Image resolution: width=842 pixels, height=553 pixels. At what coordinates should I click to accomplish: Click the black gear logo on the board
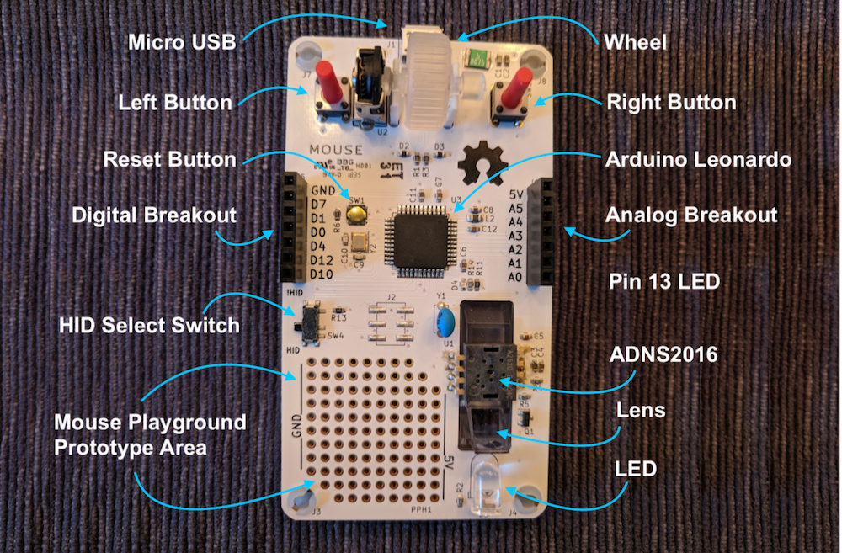tap(484, 163)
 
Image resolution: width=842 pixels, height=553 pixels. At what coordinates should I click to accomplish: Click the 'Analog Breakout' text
tap(691, 215)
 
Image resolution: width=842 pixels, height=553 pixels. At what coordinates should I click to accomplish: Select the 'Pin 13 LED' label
tap(664, 281)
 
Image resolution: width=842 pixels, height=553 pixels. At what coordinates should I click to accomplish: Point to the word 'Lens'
tap(642, 411)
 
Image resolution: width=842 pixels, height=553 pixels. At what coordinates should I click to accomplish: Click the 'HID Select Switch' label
tap(149, 324)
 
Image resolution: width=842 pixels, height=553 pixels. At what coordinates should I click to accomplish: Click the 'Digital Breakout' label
tap(154, 215)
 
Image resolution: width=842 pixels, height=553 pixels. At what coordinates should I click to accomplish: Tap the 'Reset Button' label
tap(168, 158)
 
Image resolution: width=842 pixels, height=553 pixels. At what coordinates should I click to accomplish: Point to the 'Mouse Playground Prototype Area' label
tap(149, 434)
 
